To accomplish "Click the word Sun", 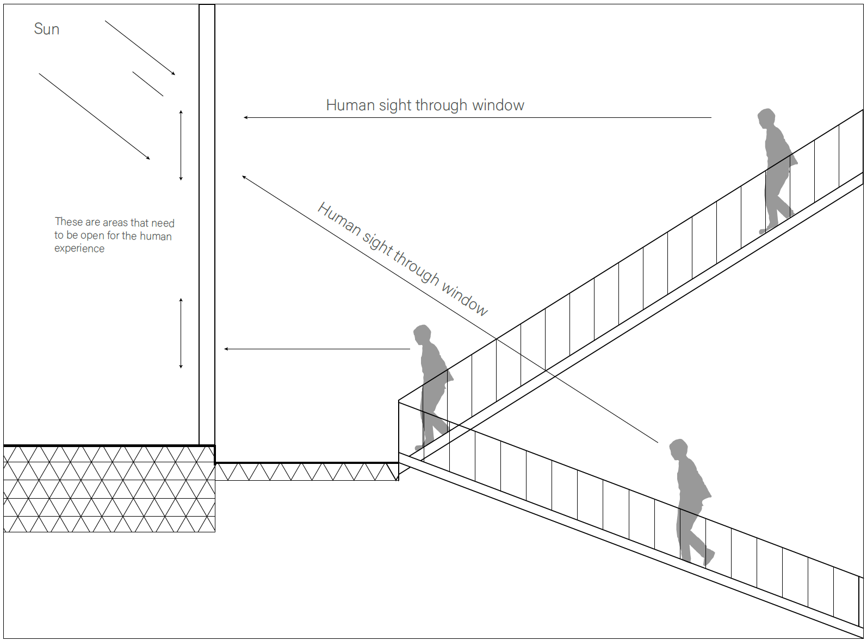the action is pyautogui.click(x=46, y=29).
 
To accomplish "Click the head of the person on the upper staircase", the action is pyautogui.click(x=766, y=117).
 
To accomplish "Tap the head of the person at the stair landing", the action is pyautogui.click(x=422, y=334).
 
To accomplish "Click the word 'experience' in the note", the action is pyautogui.click(x=79, y=249).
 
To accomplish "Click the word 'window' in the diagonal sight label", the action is pyautogui.click(x=465, y=298).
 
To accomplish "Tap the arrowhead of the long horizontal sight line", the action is pyautogui.click(x=246, y=117).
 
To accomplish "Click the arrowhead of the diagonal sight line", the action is pyautogui.click(x=244, y=177).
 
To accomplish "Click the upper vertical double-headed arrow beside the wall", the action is pyautogui.click(x=181, y=145).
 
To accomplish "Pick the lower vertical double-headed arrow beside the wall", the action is pyautogui.click(x=181, y=333).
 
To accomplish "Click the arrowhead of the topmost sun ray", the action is pyautogui.click(x=174, y=73).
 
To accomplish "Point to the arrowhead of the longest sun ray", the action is pyautogui.click(x=148, y=158).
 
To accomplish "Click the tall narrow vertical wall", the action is pyautogui.click(x=207, y=217).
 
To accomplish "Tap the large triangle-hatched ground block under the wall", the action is pyautogui.click(x=109, y=489).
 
